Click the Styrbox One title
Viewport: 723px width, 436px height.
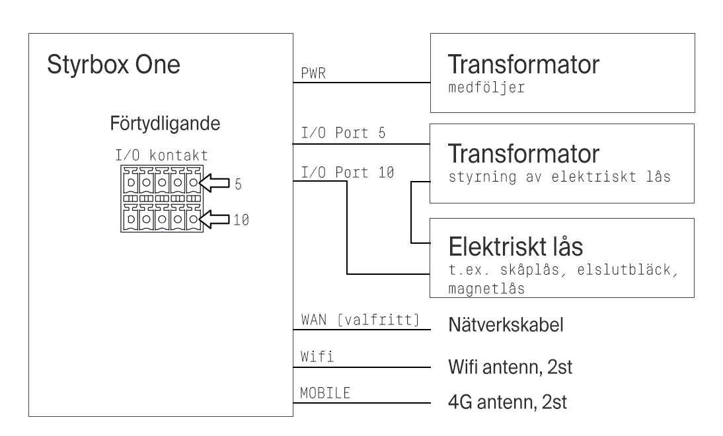pyautogui.click(x=114, y=67)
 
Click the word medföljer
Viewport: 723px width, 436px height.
pyautogui.click(x=486, y=89)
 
